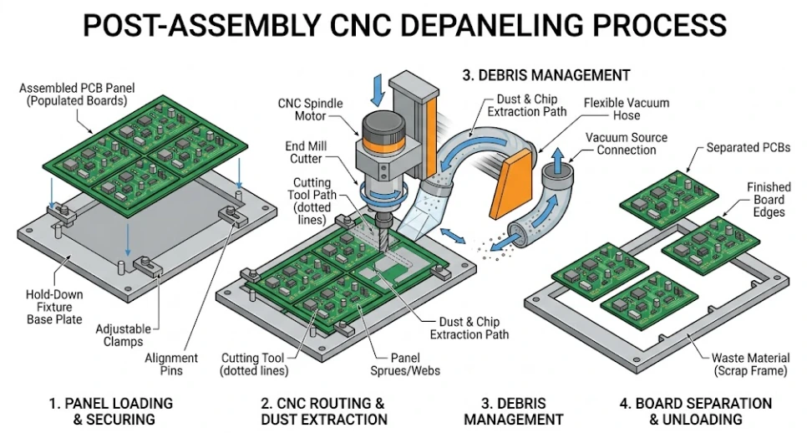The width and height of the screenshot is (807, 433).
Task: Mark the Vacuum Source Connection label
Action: pyautogui.click(x=615, y=144)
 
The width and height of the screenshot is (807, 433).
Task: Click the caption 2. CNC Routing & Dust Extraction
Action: pyautogui.click(x=323, y=410)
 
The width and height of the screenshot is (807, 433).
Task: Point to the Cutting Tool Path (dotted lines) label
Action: pyautogui.click(x=312, y=201)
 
